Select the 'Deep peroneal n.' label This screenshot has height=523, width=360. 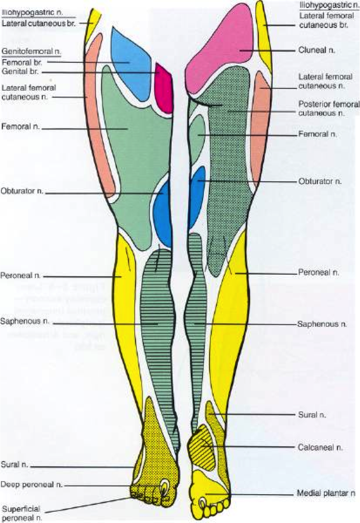31,484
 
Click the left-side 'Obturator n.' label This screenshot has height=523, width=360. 22,192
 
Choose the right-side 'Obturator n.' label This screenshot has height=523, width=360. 320,181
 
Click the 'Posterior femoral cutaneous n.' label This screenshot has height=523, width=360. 328,109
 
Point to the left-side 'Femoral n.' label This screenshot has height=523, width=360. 19,126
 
